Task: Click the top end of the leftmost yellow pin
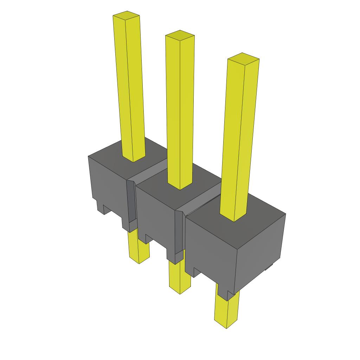tap(127, 16)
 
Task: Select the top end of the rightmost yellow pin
tap(243, 58)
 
